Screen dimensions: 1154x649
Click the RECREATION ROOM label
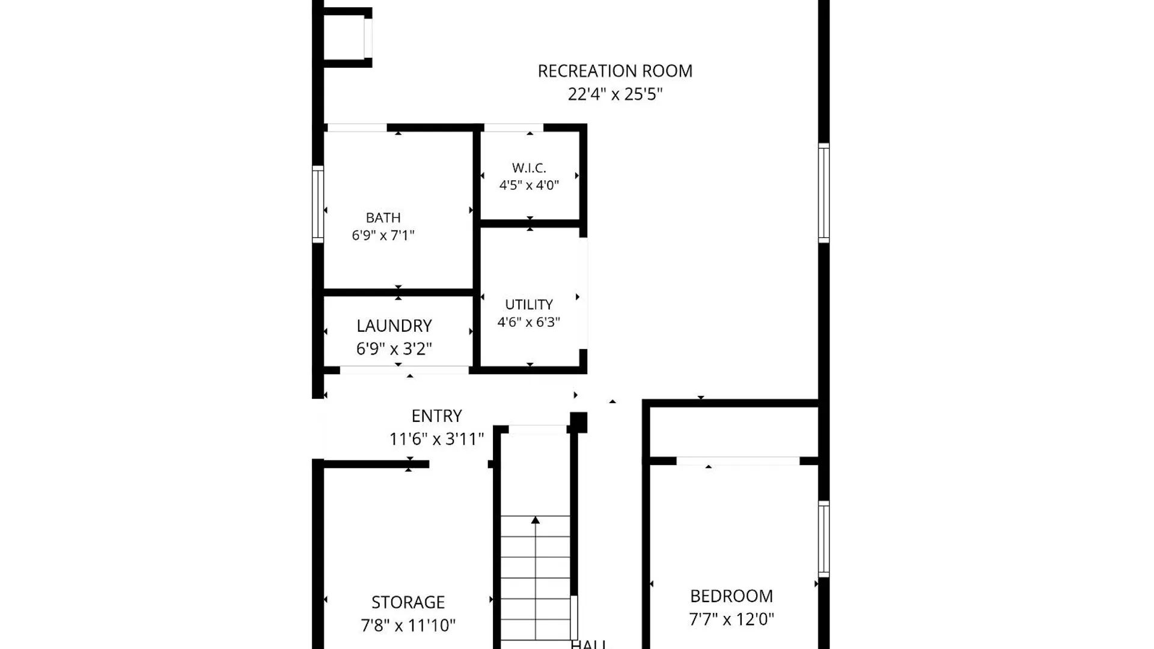point(615,71)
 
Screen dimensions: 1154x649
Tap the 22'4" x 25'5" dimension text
point(615,94)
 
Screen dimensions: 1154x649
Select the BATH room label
point(383,218)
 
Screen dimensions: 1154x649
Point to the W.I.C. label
point(529,168)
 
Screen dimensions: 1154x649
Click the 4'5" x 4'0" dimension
point(529,185)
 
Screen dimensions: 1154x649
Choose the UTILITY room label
point(529,305)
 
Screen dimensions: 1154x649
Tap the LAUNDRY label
point(394,326)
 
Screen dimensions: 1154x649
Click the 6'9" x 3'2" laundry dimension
point(394,349)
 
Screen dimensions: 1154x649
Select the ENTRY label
point(436,416)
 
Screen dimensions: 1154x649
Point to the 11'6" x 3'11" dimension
point(436,439)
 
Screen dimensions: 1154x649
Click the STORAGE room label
point(408,602)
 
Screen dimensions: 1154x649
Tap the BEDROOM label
point(731,596)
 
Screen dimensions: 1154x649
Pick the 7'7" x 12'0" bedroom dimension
point(731,619)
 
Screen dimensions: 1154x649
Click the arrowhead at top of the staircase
point(536,520)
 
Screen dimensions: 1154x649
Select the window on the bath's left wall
point(318,204)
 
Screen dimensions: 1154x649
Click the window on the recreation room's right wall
point(824,193)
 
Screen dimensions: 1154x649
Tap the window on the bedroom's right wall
point(824,539)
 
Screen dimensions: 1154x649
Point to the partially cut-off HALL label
point(588,644)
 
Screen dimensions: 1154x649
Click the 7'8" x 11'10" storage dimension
point(408,626)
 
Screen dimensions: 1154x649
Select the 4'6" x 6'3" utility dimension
point(529,322)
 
